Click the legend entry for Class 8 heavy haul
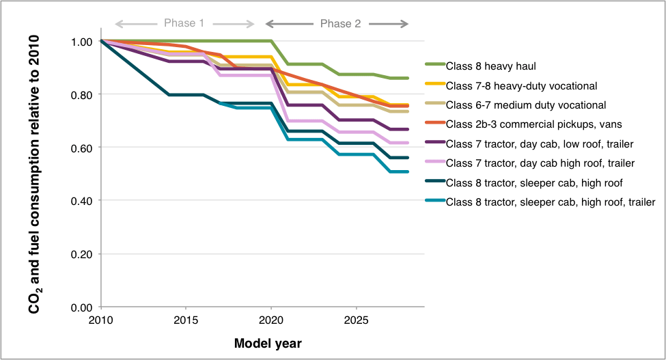point(490,66)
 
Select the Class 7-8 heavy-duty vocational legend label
point(521,85)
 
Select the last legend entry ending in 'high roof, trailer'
point(551,202)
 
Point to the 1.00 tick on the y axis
point(83,41)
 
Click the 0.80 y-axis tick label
point(83,94)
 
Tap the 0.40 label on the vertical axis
point(83,201)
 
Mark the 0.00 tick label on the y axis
point(83,307)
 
